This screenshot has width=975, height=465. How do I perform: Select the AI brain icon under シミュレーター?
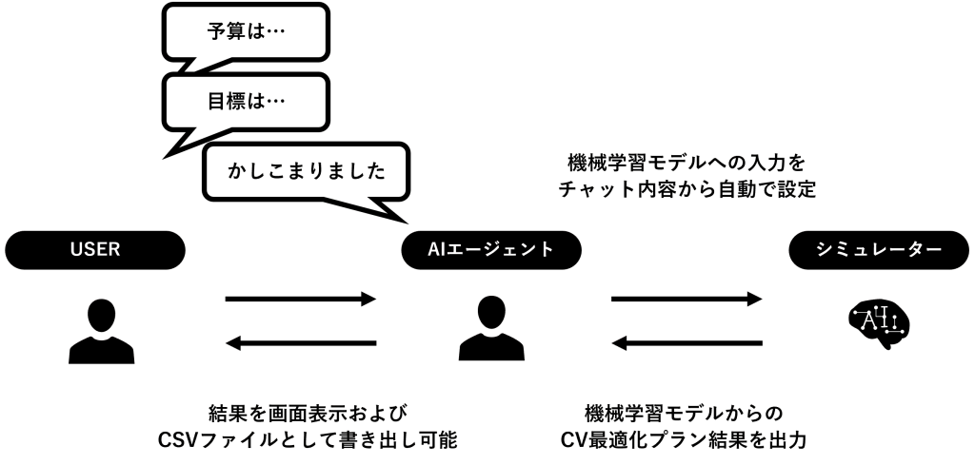(879, 324)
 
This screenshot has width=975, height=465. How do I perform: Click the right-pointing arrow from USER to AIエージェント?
(301, 300)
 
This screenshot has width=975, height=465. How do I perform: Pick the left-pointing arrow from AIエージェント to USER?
(301, 343)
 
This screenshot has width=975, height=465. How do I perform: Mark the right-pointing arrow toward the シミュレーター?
(686, 300)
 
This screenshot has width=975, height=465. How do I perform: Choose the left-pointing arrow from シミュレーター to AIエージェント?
(686, 343)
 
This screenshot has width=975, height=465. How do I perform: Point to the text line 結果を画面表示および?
(301, 413)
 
